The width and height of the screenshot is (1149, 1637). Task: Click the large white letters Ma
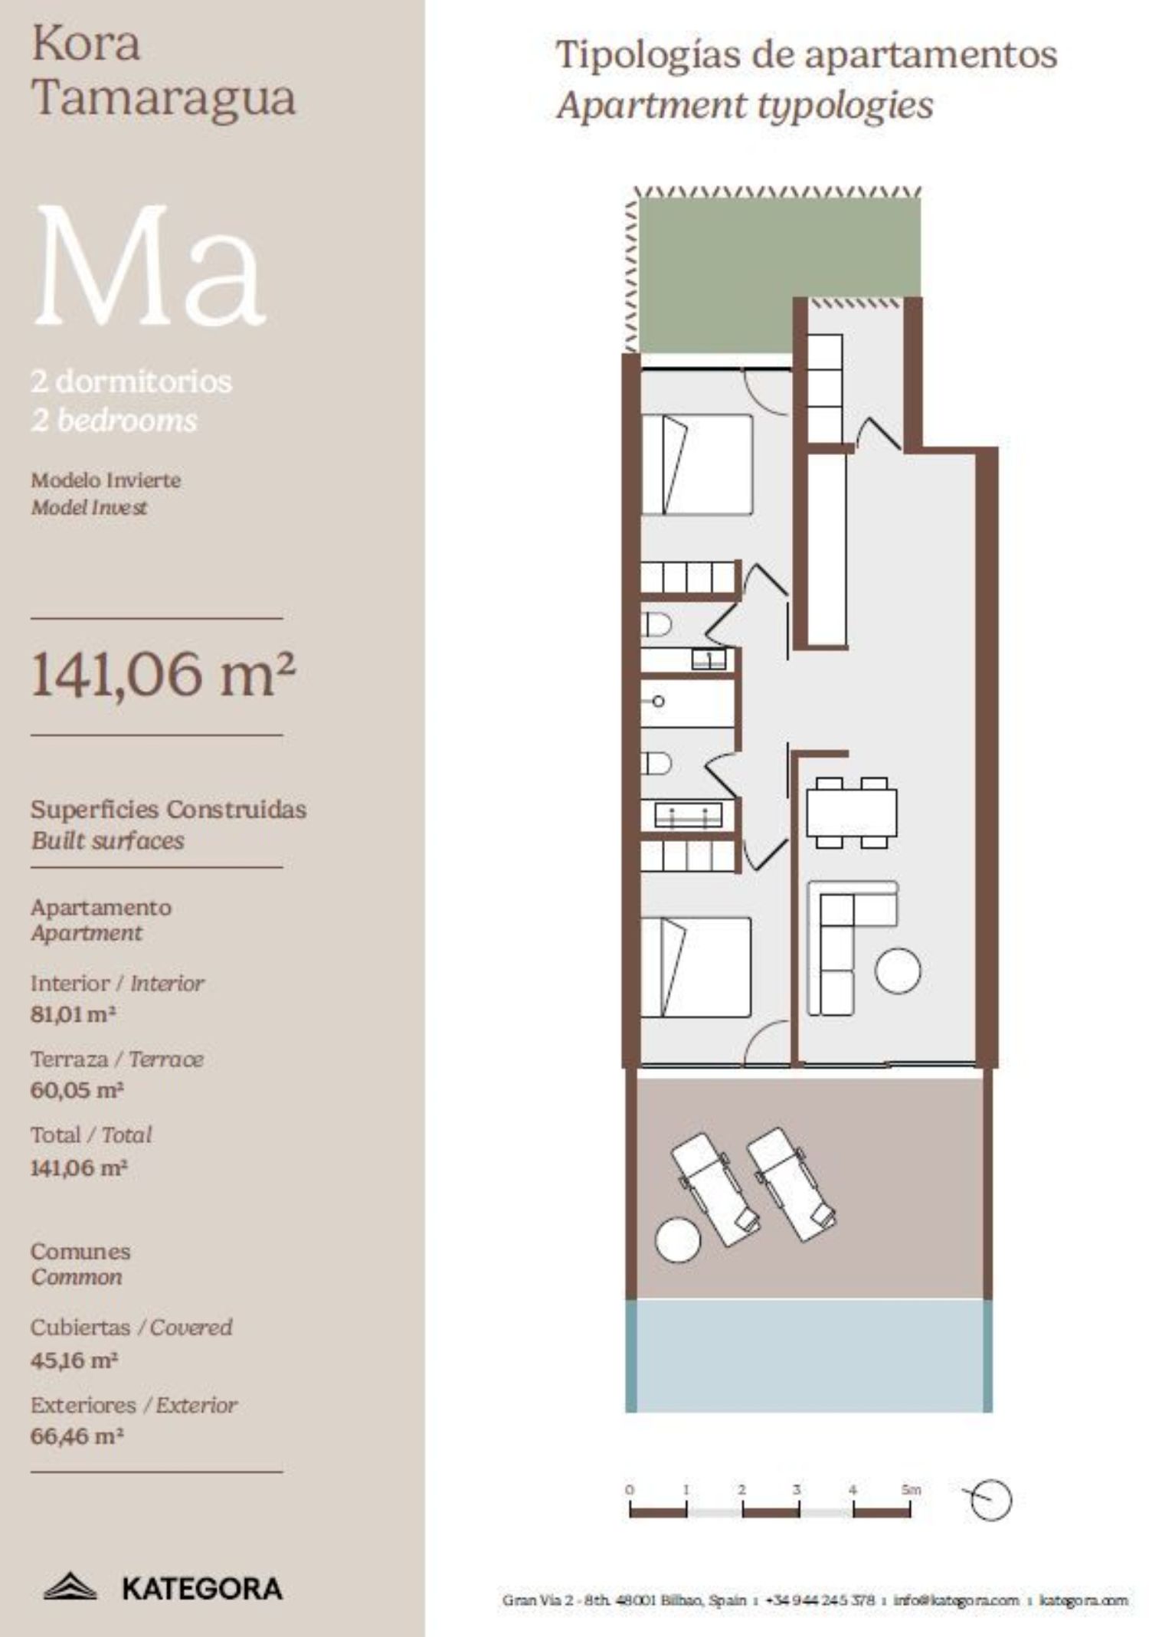(x=149, y=266)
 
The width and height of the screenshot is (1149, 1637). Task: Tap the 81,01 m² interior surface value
(x=73, y=1014)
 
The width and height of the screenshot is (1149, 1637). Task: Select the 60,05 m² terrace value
(x=77, y=1090)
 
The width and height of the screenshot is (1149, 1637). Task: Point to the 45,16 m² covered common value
(x=74, y=1360)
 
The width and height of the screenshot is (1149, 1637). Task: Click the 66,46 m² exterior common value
(x=77, y=1436)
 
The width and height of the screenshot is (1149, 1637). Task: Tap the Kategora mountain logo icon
(x=70, y=1586)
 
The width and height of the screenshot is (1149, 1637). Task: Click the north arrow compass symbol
(x=988, y=1500)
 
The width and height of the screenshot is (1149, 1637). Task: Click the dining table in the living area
(x=851, y=813)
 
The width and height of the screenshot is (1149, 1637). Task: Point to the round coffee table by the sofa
(x=898, y=971)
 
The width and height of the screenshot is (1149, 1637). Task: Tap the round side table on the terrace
(x=678, y=1239)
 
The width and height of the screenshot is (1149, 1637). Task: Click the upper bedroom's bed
(x=696, y=464)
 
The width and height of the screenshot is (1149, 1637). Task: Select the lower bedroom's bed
(x=696, y=967)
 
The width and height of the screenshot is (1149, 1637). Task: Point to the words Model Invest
(x=89, y=507)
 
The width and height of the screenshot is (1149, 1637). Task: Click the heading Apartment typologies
(x=745, y=106)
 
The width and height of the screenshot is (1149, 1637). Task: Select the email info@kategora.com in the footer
(x=956, y=1599)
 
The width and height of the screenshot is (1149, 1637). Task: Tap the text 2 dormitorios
(x=131, y=381)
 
